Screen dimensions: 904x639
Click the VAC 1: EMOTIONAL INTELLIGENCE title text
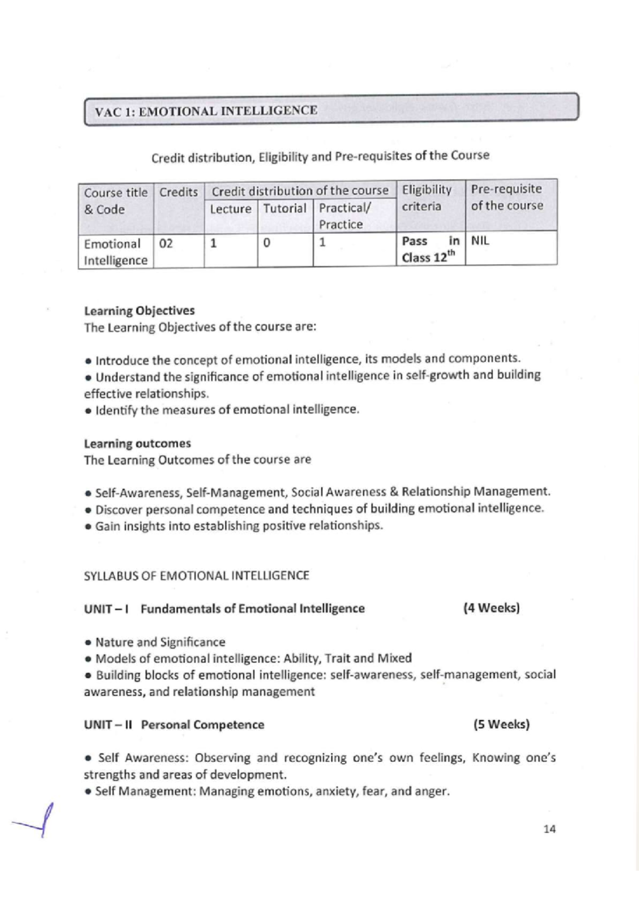[206, 111]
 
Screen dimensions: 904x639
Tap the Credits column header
[178, 192]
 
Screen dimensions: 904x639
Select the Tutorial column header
[285, 208]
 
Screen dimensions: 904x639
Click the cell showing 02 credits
[166, 244]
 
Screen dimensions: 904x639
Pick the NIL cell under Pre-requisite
[480, 241]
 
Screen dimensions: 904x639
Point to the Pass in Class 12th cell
[430, 249]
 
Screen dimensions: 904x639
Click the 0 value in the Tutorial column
[267, 243]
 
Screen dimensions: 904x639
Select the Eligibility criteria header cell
[427, 198]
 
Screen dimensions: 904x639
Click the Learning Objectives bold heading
[139, 310]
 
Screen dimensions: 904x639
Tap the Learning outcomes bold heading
[137, 443]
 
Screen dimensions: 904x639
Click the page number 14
[550, 829]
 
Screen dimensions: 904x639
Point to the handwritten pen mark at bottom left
[37, 823]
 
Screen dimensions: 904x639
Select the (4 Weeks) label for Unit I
[491, 607]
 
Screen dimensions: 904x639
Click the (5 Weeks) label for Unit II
[501, 724]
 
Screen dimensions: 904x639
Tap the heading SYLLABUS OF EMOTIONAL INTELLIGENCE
[196, 576]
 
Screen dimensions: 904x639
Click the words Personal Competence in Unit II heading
[202, 725]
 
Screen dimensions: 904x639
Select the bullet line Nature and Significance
[160, 642]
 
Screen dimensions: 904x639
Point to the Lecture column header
[231, 209]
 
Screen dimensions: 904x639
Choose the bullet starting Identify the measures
[227, 409]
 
